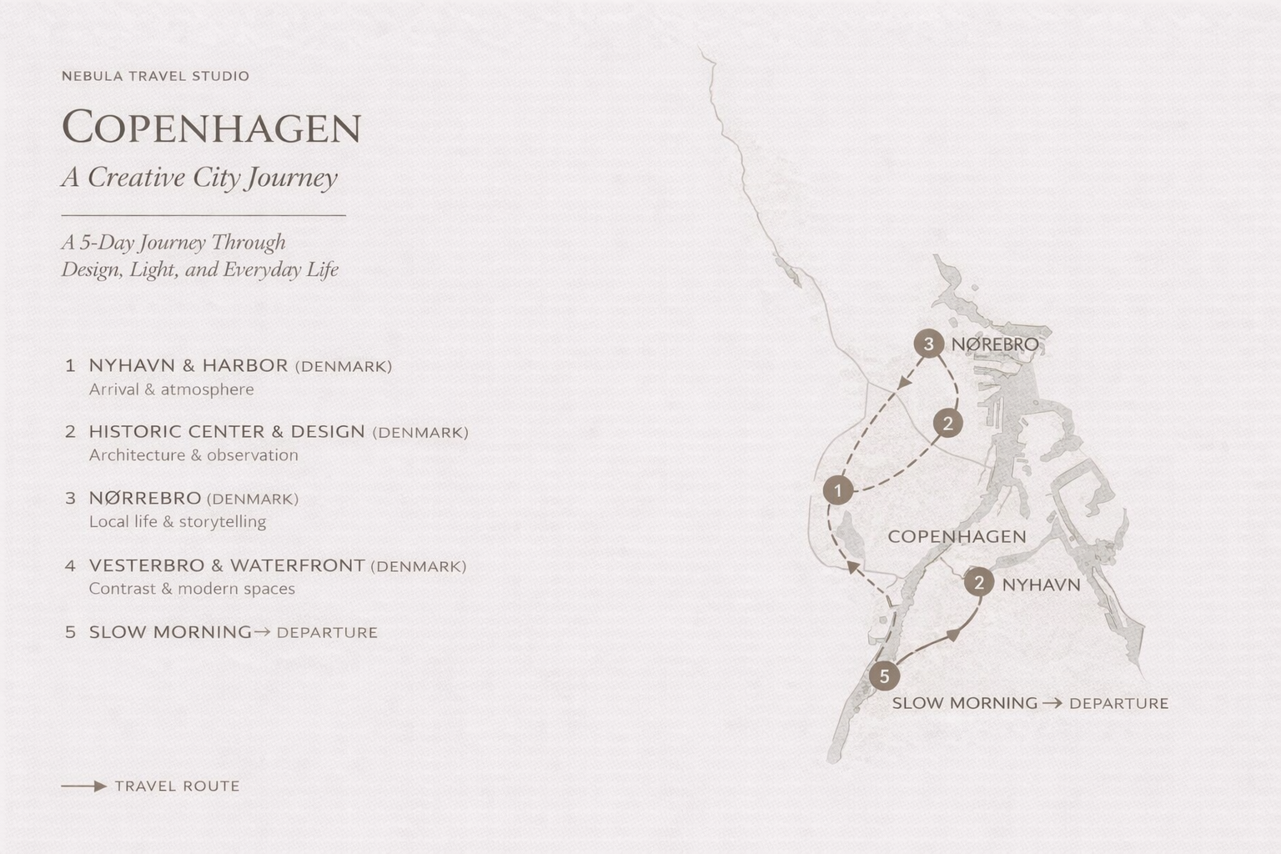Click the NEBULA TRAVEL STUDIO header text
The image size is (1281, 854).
point(155,76)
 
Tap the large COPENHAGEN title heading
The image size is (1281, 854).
point(211,128)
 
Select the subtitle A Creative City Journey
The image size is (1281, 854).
point(199,177)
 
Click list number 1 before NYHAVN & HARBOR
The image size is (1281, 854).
point(70,365)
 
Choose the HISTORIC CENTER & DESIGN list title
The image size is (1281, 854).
point(227,431)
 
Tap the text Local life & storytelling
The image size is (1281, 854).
point(177,521)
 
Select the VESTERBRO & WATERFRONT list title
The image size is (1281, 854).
point(227,565)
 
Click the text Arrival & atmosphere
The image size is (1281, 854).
point(171,389)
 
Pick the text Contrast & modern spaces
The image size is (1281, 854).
point(192,588)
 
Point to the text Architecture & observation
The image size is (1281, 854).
point(193,455)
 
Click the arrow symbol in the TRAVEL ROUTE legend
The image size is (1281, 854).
point(84,786)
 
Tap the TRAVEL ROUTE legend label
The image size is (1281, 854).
point(177,786)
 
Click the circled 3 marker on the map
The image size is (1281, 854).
point(928,344)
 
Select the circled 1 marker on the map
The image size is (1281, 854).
point(837,490)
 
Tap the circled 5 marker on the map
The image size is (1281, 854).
point(884,676)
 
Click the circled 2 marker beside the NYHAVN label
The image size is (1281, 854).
point(979,582)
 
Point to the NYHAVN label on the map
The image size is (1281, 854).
point(1041,585)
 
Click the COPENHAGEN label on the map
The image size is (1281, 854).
point(957,536)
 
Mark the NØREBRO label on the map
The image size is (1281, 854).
point(995,344)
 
